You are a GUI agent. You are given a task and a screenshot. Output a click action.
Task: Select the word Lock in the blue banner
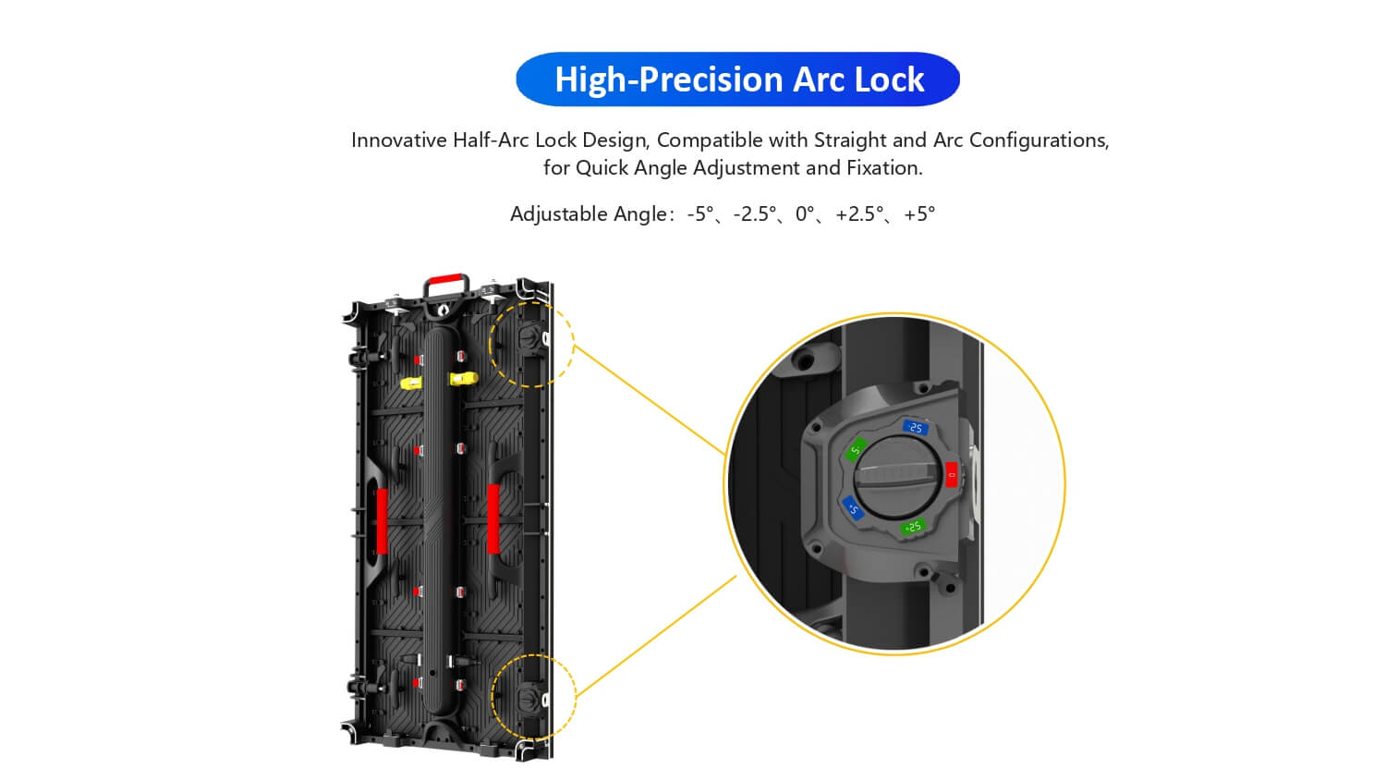(x=889, y=79)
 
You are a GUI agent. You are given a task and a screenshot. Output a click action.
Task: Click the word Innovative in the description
(x=399, y=140)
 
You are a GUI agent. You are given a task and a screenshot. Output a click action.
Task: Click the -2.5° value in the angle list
(x=755, y=214)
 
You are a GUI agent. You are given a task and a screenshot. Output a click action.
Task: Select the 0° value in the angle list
(x=805, y=214)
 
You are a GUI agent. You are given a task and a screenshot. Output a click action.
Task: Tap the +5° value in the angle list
(x=919, y=214)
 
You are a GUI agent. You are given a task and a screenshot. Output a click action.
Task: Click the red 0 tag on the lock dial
(x=952, y=475)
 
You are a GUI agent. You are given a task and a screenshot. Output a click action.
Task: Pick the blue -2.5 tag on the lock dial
(x=916, y=428)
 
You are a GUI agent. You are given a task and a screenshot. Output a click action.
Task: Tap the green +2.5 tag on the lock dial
(x=913, y=527)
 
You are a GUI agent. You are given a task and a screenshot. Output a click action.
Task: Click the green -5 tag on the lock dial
(x=856, y=450)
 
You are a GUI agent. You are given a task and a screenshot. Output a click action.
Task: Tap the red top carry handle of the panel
(x=445, y=279)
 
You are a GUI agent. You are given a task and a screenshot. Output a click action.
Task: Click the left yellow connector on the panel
(x=411, y=384)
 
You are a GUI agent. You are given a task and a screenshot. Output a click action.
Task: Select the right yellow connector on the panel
(x=464, y=378)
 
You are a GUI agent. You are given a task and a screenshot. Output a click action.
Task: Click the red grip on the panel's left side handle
(x=382, y=521)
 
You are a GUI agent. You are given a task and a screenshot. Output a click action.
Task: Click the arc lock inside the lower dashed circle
(x=531, y=699)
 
